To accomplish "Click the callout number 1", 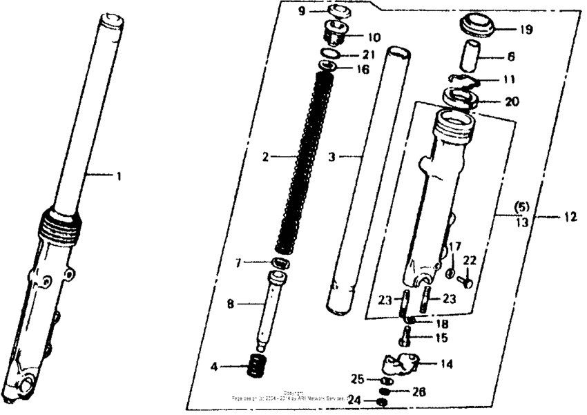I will (x=118, y=177).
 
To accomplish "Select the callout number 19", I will (x=526, y=30).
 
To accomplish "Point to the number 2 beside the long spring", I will (x=265, y=157).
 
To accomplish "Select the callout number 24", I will (x=354, y=400).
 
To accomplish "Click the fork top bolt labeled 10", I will (x=336, y=32).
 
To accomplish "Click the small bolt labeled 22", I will (x=465, y=280).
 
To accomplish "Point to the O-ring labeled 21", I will (x=331, y=53).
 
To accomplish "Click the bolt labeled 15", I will (x=405, y=338).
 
